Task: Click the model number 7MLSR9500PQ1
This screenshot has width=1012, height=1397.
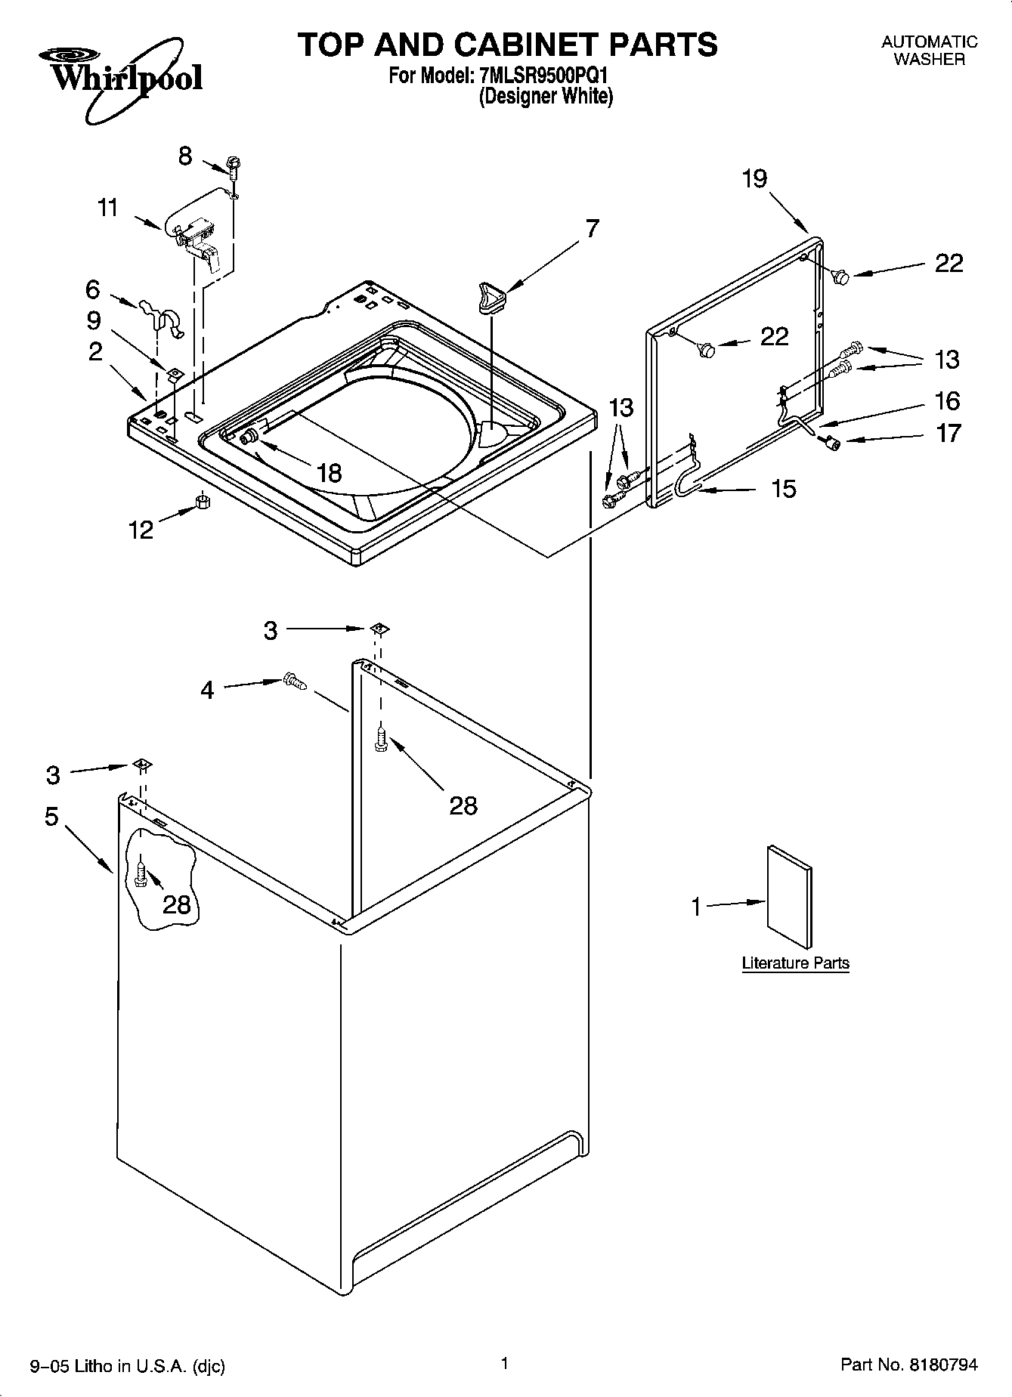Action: tap(543, 76)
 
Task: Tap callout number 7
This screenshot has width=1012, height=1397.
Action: tap(591, 227)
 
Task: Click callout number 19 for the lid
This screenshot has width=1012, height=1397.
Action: tap(754, 179)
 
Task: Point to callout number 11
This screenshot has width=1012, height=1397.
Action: tap(109, 207)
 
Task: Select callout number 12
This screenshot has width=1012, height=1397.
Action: tap(141, 530)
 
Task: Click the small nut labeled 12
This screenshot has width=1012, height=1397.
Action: tap(202, 502)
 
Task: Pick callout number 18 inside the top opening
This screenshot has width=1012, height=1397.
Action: tap(330, 473)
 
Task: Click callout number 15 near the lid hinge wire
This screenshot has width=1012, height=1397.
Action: tap(784, 489)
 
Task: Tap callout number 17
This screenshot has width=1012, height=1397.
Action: tap(948, 433)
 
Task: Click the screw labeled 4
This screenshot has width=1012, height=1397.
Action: tap(293, 681)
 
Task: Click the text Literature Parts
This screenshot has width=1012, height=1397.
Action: tap(795, 963)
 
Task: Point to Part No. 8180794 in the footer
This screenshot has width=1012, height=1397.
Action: tap(908, 1365)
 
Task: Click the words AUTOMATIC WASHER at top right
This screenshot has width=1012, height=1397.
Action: tap(929, 51)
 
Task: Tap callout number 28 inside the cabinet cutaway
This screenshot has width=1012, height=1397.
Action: tap(177, 904)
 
